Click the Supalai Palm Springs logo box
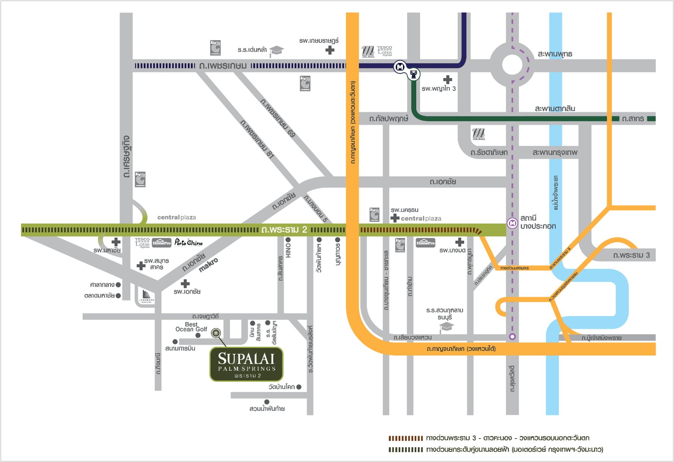pos(246,364)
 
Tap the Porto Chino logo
pos(188,243)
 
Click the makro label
pos(208,265)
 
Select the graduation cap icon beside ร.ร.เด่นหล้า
pos(277,51)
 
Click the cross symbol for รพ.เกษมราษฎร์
pos(330,50)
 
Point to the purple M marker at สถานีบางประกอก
pos(512,223)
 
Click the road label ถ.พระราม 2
pos(284,229)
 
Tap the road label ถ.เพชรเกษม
pos(223,66)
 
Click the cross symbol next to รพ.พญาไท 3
pos(448,80)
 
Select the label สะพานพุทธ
pos(555,54)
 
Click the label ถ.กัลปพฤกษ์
pos(389,119)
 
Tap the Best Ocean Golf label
pos(191,327)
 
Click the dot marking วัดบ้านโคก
pos(299,387)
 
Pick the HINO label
pos(288,250)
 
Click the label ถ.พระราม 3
pos(631,255)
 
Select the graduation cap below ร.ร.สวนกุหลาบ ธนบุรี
pos(446,327)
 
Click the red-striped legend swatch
pos(406,438)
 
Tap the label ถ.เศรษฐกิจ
pos(127,157)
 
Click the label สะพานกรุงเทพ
pos(555,152)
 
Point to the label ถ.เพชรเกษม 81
pos(257,139)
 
